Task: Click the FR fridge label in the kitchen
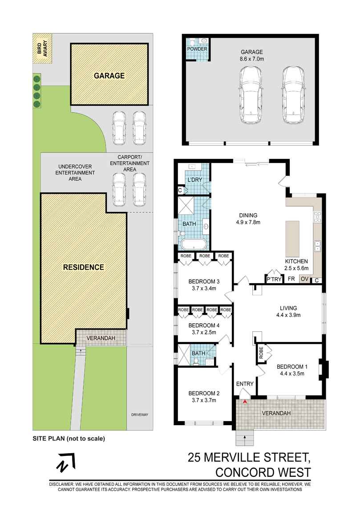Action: coord(291,279)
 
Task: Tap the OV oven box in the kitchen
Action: coord(305,279)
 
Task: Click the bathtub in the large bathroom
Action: coord(193,244)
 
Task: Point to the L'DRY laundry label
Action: coord(195,180)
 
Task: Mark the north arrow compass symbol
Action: coord(65,464)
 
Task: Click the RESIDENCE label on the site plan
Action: coord(83,267)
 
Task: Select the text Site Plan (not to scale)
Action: coord(69,438)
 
